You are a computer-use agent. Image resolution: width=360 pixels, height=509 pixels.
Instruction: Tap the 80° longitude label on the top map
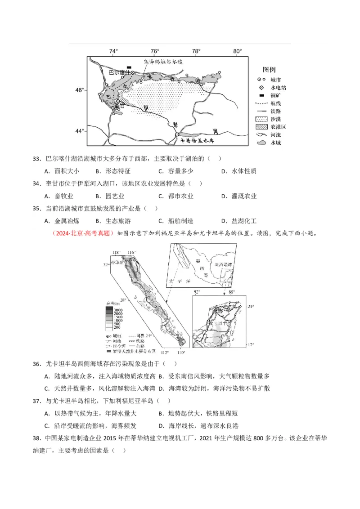click(238, 51)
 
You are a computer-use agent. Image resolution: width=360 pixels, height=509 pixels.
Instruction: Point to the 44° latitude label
click(79, 131)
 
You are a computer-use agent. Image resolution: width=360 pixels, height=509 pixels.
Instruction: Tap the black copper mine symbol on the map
click(129, 67)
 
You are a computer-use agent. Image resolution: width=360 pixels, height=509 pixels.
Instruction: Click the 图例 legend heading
click(269, 69)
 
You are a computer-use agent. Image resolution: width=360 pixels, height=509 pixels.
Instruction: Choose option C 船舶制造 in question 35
click(180, 221)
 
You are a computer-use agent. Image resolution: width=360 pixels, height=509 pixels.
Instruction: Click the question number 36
click(37, 363)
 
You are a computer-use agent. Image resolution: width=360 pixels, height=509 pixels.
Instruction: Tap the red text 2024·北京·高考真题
click(83, 233)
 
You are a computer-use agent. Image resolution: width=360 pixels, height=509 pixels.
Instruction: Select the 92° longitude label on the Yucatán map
click(197, 292)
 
